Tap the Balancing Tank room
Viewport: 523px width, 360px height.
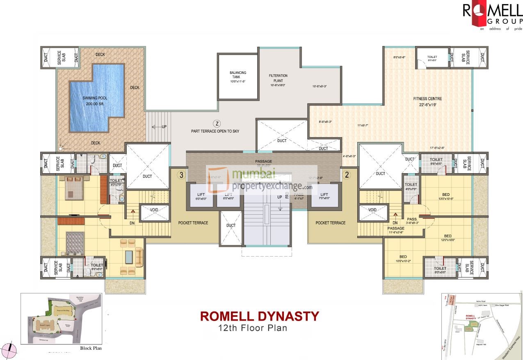click(x=238, y=77)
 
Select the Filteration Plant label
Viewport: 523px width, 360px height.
click(x=278, y=78)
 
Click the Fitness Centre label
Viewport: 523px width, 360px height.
click(x=427, y=99)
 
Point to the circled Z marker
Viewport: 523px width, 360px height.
click(x=217, y=123)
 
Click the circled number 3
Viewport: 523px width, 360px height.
click(x=181, y=175)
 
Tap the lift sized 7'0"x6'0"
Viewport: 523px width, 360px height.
click(x=324, y=197)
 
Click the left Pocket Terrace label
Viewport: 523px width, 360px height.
click(x=193, y=223)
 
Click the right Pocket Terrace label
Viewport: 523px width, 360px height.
click(x=330, y=223)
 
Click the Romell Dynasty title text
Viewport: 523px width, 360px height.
click(x=259, y=316)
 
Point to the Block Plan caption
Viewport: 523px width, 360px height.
click(x=90, y=348)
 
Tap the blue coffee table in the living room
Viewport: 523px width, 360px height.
click(x=129, y=257)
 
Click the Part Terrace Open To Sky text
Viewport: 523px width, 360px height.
click(x=215, y=131)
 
